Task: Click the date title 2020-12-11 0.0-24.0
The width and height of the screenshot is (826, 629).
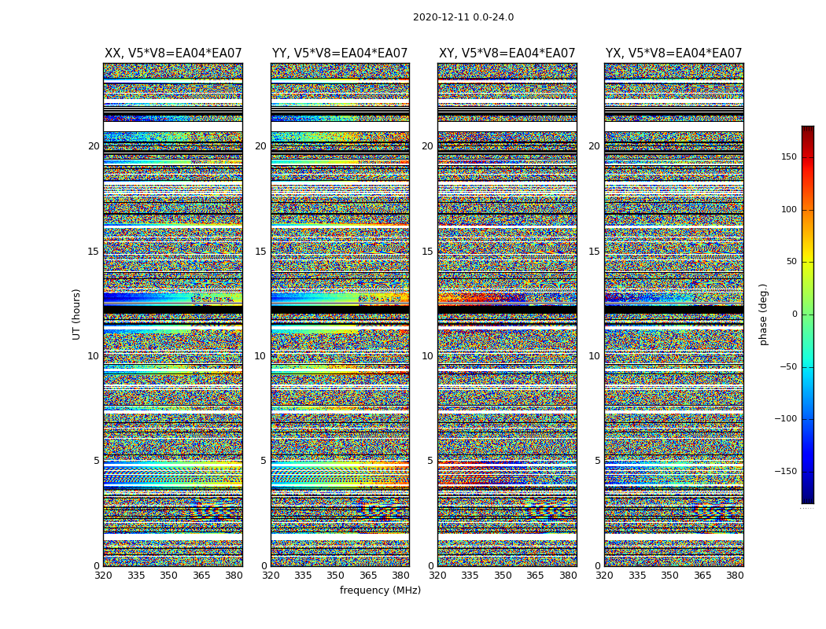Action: (x=463, y=17)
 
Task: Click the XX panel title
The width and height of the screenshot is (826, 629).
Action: (x=173, y=53)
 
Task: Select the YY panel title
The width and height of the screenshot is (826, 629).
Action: (x=340, y=53)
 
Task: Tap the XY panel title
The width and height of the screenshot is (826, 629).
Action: (x=507, y=53)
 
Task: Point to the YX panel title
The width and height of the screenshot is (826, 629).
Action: (x=673, y=53)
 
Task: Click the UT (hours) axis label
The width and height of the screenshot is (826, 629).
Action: (x=77, y=314)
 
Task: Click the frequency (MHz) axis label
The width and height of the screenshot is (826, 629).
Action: (x=380, y=590)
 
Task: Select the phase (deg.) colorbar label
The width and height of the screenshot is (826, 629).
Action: (x=763, y=314)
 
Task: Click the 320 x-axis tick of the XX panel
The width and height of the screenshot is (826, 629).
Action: (x=103, y=576)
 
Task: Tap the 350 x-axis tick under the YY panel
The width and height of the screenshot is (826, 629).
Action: (x=336, y=576)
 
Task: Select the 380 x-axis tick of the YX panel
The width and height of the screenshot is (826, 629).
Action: (x=735, y=576)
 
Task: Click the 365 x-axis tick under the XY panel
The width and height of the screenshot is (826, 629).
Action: (x=535, y=576)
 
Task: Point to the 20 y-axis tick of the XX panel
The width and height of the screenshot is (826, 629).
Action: (x=94, y=146)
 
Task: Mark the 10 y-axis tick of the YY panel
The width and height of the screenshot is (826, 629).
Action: (x=260, y=356)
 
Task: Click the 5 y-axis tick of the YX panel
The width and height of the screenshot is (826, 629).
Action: (x=597, y=461)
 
